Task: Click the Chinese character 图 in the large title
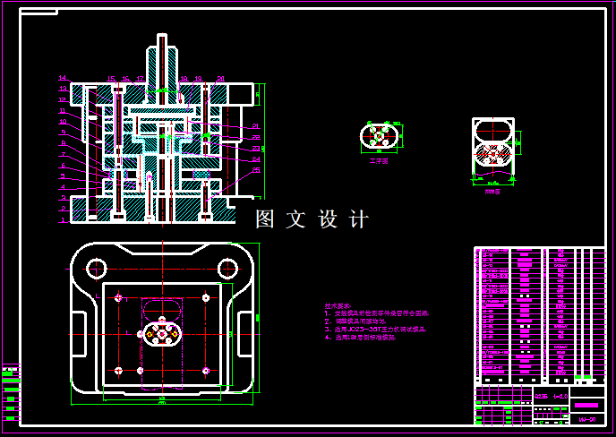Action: coord(264,219)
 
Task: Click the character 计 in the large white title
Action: coord(357,219)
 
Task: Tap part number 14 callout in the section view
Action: coord(63,78)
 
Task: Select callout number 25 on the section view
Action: coord(256,169)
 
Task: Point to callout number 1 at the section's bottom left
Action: coord(63,219)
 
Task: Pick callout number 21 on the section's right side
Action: coord(255,125)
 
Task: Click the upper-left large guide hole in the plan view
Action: coord(96,267)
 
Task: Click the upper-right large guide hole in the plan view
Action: coord(225,267)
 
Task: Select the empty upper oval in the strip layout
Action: coord(493,130)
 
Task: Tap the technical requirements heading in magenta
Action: coord(338,305)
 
